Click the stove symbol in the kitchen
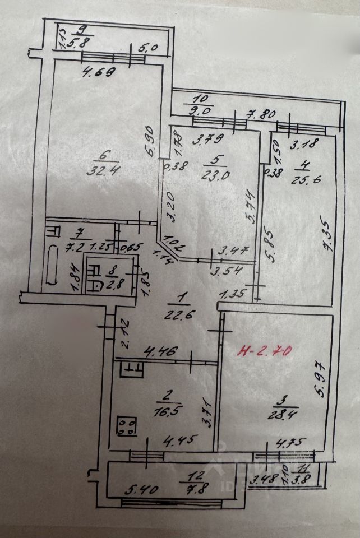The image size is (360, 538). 127,426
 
